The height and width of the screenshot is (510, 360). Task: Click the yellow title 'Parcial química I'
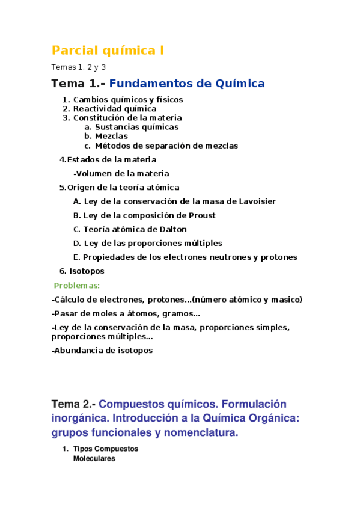click(108, 51)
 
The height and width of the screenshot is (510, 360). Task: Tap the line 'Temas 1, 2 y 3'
click(79, 67)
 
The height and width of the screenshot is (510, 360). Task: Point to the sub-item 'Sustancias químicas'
click(136, 127)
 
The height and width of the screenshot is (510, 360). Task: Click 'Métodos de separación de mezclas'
click(166, 146)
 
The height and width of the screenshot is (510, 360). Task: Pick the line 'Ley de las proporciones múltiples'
click(153, 243)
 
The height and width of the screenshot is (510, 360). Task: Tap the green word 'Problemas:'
click(77, 286)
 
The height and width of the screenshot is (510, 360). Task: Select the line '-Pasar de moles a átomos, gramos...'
click(126, 313)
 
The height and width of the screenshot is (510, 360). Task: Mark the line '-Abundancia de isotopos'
click(102, 350)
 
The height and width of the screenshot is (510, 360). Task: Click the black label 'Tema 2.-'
click(73, 404)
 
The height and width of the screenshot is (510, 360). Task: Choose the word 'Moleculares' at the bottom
click(94, 459)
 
